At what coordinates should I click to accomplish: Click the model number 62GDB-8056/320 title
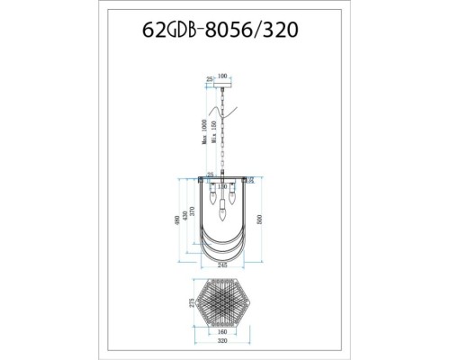[224, 28]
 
